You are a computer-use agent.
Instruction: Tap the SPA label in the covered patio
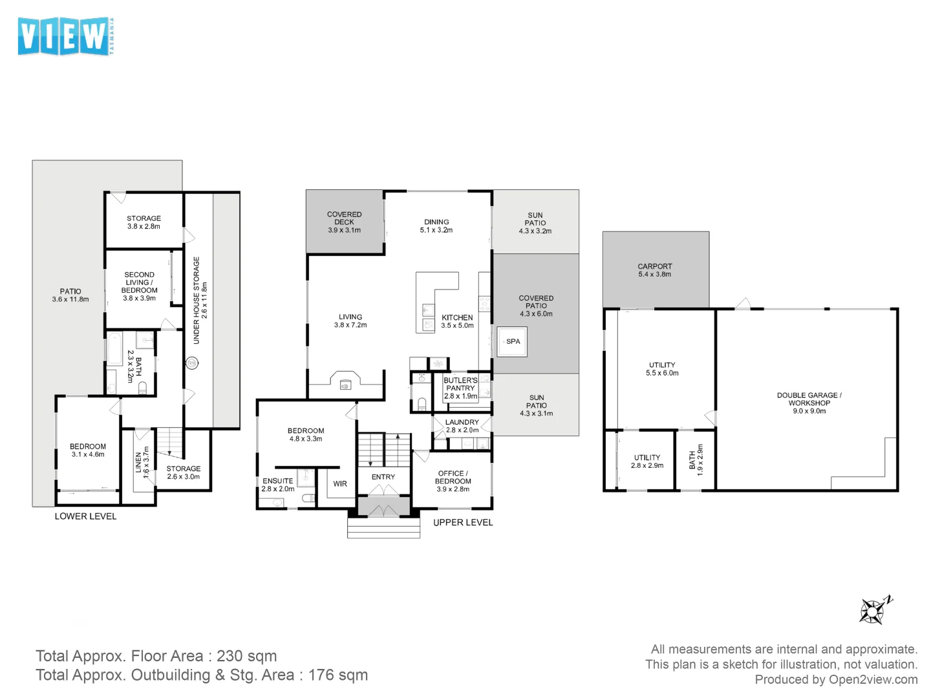(x=513, y=341)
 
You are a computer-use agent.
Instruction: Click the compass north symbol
(x=874, y=610)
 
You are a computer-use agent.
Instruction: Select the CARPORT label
(x=654, y=266)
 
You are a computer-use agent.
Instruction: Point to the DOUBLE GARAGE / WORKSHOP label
(x=809, y=399)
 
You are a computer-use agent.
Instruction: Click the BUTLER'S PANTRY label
(x=460, y=385)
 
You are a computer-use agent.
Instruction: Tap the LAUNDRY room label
(x=462, y=422)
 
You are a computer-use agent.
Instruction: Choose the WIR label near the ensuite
(x=340, y=483)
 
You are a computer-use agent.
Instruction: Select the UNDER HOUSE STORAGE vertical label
(x=197, y=301)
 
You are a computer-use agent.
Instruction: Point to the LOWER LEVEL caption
(x=85, y=516)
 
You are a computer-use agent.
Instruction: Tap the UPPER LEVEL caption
(x=463, y=522)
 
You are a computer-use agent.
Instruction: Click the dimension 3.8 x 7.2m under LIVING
(x=350, y=325)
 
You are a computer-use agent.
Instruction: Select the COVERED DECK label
(x=344, y=218)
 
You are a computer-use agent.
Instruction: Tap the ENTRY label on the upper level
(x=383, y=477)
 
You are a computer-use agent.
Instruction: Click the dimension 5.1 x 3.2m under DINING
(x=436, y=230)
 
